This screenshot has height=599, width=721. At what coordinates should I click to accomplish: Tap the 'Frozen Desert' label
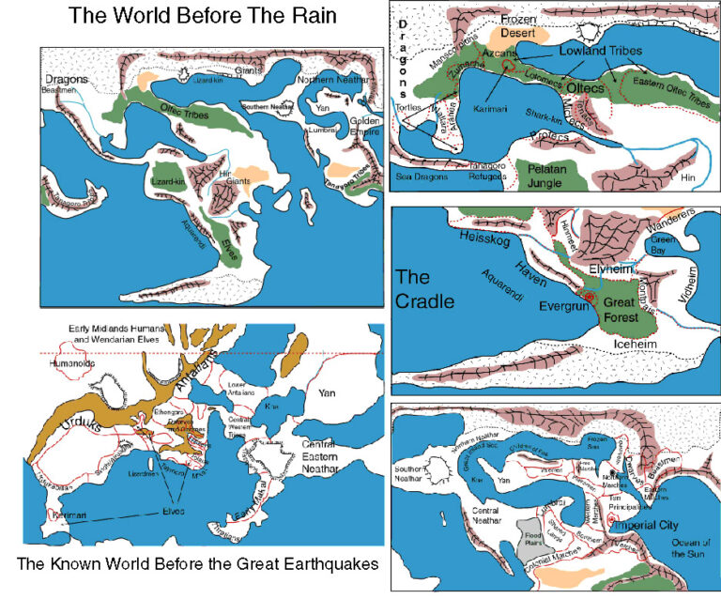click(x=518, y=24)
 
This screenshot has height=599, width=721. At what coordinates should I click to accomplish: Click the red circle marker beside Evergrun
click(x=590, y=297)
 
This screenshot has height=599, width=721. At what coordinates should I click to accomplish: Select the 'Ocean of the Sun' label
click(x=693, y=547)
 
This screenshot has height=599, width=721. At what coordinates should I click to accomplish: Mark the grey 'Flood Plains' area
click(x=531, y=536)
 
